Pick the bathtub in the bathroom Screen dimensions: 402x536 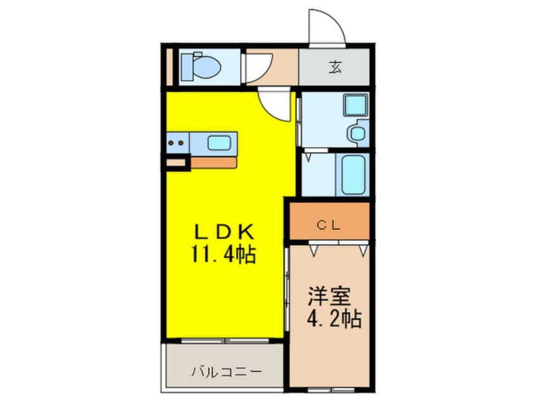tap(353, 174)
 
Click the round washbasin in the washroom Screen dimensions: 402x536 tap(357, 133)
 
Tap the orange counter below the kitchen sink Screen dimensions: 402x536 tap(214, 162)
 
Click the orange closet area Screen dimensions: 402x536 tap(329, 219)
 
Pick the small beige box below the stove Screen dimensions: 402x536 tap(177, 163)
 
